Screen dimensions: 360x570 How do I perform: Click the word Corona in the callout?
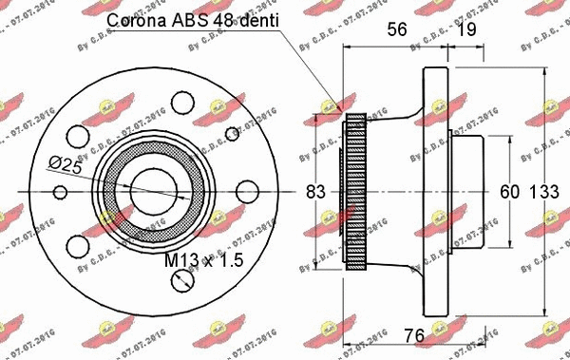coord(136,20)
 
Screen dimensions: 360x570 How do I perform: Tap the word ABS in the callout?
coord(186,20)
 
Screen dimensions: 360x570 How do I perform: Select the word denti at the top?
coord(249,20)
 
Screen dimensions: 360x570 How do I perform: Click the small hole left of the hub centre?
coord(61,193)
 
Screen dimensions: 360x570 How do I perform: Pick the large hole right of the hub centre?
coord(243,191)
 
